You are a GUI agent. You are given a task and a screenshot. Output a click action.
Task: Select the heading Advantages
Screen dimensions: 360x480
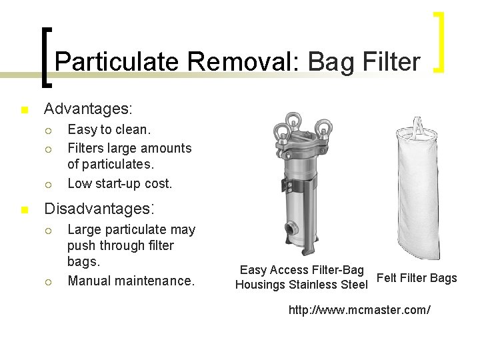pos(88,108)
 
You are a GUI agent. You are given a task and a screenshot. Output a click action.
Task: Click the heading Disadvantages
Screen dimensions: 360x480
pos(99,209)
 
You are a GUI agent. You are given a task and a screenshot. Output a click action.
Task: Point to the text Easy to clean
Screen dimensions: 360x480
pos(109,129)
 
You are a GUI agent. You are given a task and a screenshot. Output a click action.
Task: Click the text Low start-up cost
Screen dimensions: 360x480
pos(120,183)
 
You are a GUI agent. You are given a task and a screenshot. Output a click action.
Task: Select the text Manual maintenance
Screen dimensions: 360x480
pos(131,281)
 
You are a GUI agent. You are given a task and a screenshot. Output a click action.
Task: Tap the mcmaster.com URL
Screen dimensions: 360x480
pos(359,310)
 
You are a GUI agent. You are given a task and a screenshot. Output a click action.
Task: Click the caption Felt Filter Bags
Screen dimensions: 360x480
pos(417,278)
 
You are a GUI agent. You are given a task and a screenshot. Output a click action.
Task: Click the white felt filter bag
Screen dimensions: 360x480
pos(419,193)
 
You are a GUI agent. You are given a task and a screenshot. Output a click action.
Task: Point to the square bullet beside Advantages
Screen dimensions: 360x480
pos(25,109)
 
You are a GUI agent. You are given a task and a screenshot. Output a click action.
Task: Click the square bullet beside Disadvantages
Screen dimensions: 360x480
pos(25,210)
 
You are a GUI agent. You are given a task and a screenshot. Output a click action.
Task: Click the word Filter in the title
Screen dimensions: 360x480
pos(389,62)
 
